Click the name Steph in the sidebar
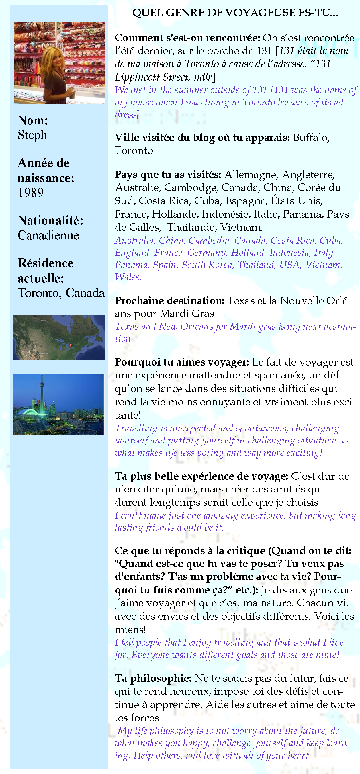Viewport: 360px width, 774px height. click(x=32, y=135)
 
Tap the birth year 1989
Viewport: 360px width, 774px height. click(x=31, y=193)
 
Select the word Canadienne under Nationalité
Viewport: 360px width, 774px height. click(x=48, y=235)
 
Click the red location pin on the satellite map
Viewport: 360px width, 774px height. click(x=70, y=345)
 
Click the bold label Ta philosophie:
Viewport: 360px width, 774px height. click(x=153, y=678)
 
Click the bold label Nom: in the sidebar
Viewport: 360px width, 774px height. click(x=33, y=120)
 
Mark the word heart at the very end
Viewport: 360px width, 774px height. click(x=298, y=755)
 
